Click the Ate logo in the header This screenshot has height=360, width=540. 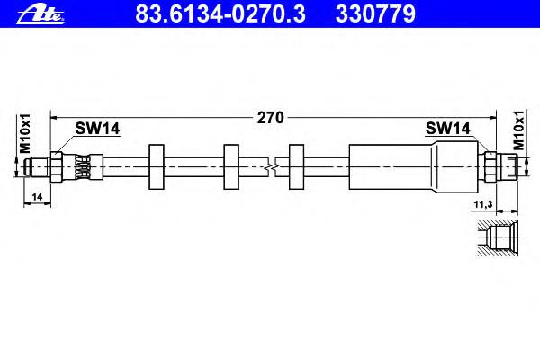[x=40, y=14]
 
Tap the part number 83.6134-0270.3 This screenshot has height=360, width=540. [x=220, y=14]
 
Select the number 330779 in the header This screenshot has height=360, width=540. [x=375, y=14]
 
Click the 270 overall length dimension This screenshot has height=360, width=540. [x=271, y=118]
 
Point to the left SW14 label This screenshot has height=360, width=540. [x=97, y=129]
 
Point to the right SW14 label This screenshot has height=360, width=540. [x=447, y=129]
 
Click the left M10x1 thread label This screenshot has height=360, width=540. [x=25, y=134]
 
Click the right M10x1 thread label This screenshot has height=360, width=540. [x=518, y=130]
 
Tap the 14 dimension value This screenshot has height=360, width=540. [x=37, y=197]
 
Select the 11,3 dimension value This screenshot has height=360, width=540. [x=483, y=204]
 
